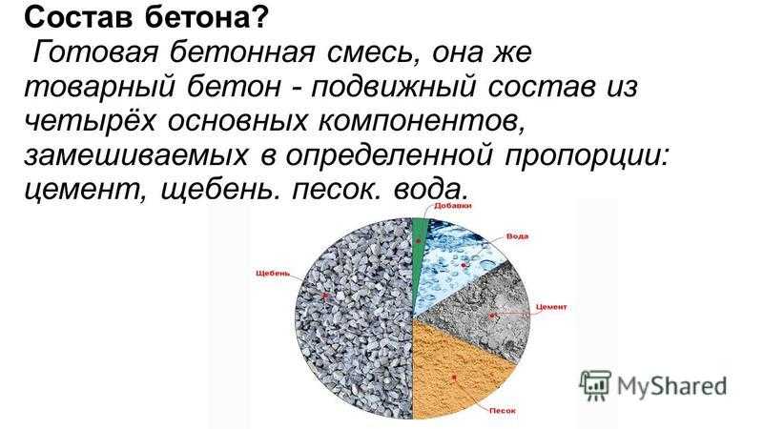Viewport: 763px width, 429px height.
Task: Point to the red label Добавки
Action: pyautogui.click(x=452, y=206)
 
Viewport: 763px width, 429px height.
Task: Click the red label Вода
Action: pyautogui.click(x=517, y=236)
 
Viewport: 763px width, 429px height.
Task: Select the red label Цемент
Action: pyautogui.click(x=551, y=307)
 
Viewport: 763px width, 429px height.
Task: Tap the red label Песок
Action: pyautogui.click(x=503, y=411)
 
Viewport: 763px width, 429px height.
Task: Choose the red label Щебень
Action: pyautogui.click(x=273, y=274)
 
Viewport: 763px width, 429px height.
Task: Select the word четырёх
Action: pyautogui.click(x=90, y=120)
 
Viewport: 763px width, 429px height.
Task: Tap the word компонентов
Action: pyautogui.click(x=422, y=121)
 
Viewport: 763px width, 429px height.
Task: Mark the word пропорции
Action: pyautogui.click(x=587, y=156)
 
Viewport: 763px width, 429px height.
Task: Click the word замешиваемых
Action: pyautogui.click(x=135, y=155)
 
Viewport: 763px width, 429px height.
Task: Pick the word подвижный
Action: pyautogui.click(x=393, y=87)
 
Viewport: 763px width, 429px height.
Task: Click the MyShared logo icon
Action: pyautogui.click(x=595, y=385)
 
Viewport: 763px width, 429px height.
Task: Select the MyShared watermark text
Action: pyautogui.click(x=672, y=386)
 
